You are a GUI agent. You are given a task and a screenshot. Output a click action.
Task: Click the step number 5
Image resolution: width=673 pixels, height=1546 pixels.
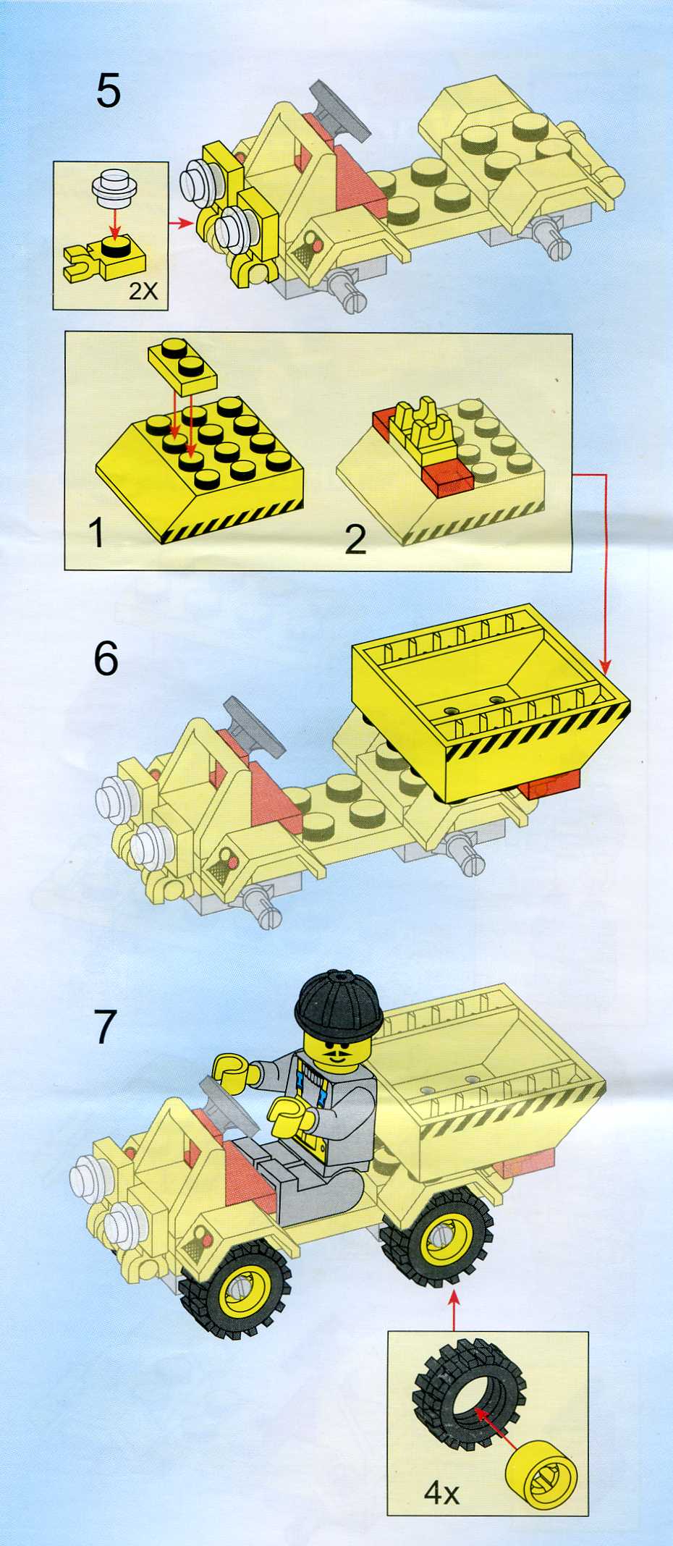(x=109, y=91)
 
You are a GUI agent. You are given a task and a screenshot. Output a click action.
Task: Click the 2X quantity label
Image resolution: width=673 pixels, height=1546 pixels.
(x=143, y=291)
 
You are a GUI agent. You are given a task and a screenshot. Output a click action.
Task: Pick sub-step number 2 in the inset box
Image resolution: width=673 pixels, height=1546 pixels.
(x=355, y=539)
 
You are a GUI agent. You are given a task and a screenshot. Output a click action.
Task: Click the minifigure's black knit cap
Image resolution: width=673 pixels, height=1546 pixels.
(x=339, y=1003)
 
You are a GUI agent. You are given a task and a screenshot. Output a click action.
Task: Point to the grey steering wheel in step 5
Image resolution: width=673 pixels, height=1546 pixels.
(x=340, y=109)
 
